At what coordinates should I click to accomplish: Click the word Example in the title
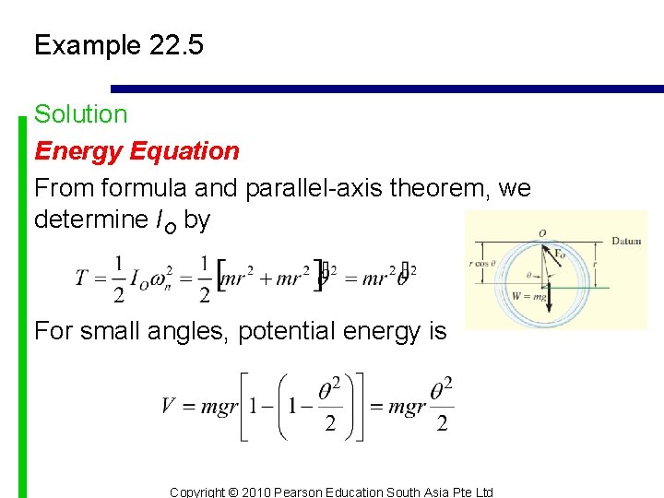84,45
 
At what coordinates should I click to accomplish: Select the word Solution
80,114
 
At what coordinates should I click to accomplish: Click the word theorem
442,188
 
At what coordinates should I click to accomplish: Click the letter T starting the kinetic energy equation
82,277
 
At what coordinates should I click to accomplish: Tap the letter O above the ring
542,232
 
